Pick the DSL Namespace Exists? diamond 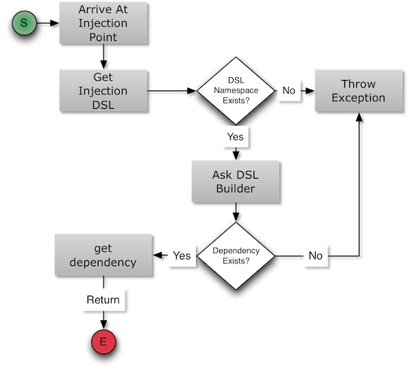coord(235,90)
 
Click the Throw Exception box coord(358,90)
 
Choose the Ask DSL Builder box coord(235,181)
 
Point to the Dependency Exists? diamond coord(235,255)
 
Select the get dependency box coord(103,255)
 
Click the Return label coord(103,300)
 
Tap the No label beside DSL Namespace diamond coord(289,90)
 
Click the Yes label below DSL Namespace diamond coord(235,137)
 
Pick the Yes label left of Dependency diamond coord(182,255)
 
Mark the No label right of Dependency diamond coord(315,255)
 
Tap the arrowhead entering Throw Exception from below coord(358,117)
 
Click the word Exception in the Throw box coord(358,97)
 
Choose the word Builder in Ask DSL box coord(235,188)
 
